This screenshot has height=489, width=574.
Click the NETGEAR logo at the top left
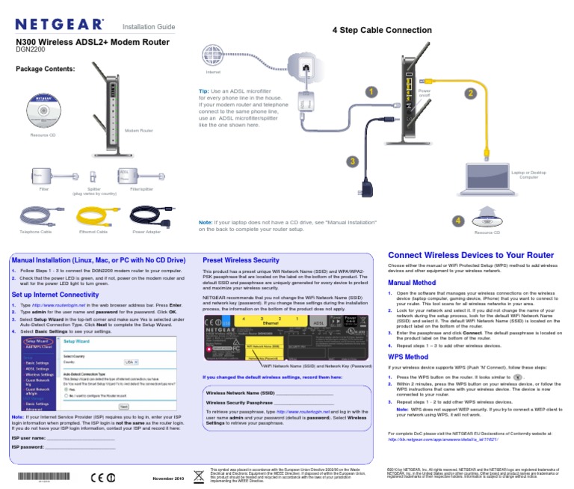pyautogui.click(x=60, y=26)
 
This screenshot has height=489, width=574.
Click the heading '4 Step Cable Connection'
pyautogui.click(x=382, y=30)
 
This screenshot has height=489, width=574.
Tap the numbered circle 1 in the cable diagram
pyautogui.click(x=368, y=91)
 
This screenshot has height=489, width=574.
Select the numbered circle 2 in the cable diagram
pyautogui.click(x=469, y=93)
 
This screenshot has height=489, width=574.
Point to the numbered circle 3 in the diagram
pyautogui.click(x=351, y=161)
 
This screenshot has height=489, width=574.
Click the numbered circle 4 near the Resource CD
pyautogui.click(x=459, y=221)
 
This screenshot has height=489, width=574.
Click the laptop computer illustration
pyautogui.click(x=528, y=155)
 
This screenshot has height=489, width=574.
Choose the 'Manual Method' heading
pyautogui.click(x=412, y=283)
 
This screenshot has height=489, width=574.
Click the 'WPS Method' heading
pyautogui.click(x=408, y=357)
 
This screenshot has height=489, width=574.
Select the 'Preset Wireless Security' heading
pyautogui.click(x=241, y=260)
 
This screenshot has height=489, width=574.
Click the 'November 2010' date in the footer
pyautogui.click(x=168, y=478)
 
